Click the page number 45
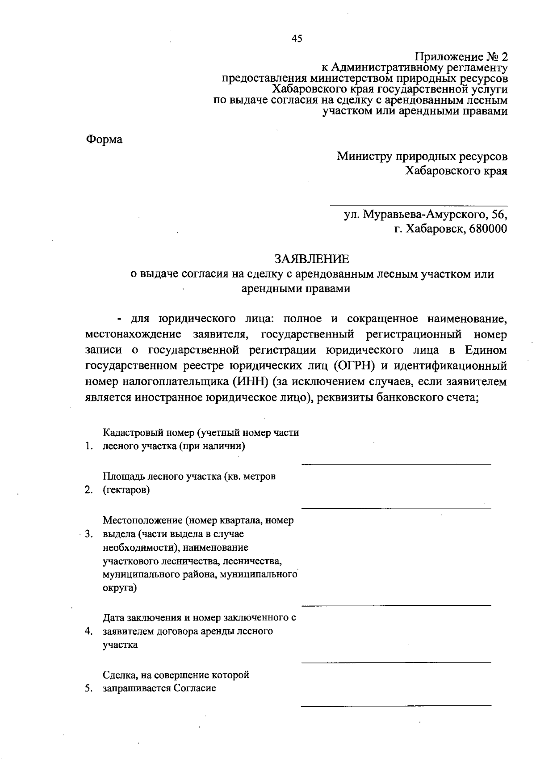pyautogui.click(x=297, y=38)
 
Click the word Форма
pyautogui.click(x=104, y=139)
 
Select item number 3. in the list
pyautogui.click(x=88, y=534)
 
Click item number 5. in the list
pyautogui.click(x=88, y=688)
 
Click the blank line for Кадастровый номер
pyautogui.click(x=396, y=464)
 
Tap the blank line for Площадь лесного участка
pyautogui.click(x=396, y=508)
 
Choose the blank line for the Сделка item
pyautogui.click(x=396, y=705)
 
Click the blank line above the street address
pyautogui.click(x=419, y=205)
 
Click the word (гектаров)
pyautogui.click(x=126, y=490)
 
